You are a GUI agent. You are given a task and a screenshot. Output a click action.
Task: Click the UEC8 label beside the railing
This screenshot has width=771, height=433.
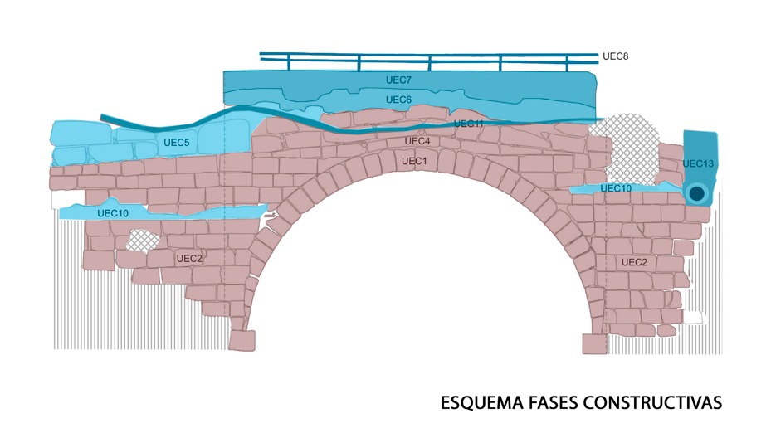[x=615, y=56]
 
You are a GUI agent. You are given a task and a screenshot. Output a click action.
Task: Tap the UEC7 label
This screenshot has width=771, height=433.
[x=398, y=80]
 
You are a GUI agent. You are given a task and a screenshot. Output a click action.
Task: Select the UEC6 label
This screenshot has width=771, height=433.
[x=398, y=100]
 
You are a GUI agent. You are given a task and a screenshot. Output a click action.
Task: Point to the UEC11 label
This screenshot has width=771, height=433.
[x=469, y=124]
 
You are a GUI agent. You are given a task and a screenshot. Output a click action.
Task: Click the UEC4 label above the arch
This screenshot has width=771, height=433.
[x=417, y=142]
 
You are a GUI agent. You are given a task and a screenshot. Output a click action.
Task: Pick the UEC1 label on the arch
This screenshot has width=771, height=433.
[x=414, y=161]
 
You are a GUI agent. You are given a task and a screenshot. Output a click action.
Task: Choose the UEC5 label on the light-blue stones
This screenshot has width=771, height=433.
[x=176, y=143]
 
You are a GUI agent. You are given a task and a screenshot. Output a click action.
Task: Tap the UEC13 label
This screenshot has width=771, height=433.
[x=698, y=163]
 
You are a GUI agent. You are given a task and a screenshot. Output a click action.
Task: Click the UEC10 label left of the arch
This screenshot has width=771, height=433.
[x=113, y=213]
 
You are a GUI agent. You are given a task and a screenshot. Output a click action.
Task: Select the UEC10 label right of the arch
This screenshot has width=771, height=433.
[x=616, y=189]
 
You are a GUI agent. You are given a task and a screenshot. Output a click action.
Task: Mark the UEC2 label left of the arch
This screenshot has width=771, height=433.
[x=189, y=259]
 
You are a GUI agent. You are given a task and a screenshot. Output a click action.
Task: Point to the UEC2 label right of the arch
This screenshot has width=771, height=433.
[x=634, y=262]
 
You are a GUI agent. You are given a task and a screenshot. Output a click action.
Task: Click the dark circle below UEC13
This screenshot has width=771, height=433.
[x=697, y=193]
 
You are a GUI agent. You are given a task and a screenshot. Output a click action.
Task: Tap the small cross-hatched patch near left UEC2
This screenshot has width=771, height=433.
[x=143, y=241]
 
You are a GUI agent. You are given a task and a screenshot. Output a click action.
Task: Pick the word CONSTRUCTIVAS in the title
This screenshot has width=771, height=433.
[x=652, y=403]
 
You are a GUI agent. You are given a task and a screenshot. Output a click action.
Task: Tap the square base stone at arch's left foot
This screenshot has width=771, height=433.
[x=242, y=341]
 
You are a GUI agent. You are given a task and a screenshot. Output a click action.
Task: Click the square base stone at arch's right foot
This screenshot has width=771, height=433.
[x=595, y=343]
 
